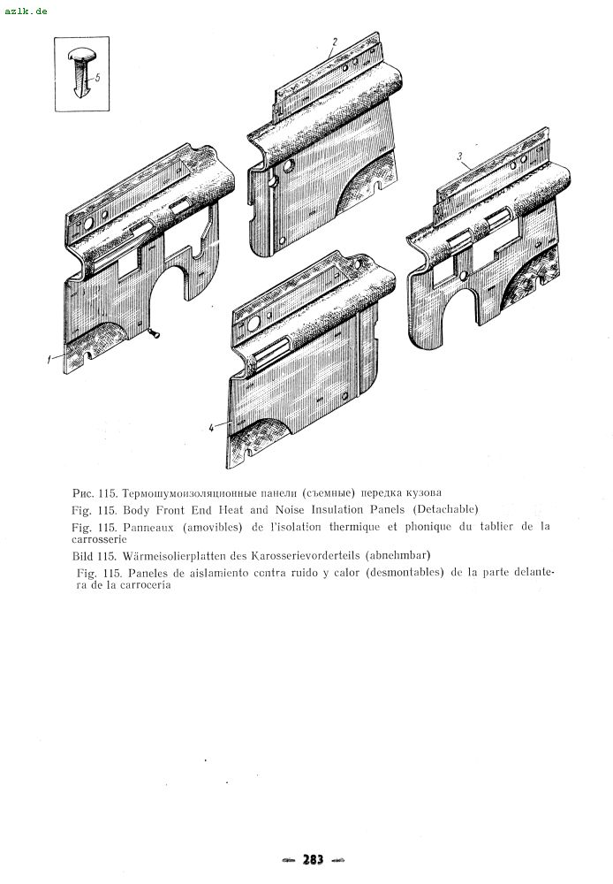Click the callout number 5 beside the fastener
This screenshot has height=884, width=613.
(x=97, y=77)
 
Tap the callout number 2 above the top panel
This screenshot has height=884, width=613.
(x=335, y=42)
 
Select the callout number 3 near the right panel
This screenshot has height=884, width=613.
(x=459, y=156)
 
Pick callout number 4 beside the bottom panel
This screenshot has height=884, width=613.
(x=211, y=428)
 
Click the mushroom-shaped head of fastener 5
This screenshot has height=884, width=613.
(x=82, y=55)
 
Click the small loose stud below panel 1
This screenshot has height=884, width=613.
(x=154, y=334)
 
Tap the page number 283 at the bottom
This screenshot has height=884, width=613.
(x=314, y=859)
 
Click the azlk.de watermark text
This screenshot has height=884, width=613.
(x=26, y=11)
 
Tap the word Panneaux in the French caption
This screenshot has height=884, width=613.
(x=148, y=527)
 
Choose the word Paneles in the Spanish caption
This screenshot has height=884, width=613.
(x=148, y=573)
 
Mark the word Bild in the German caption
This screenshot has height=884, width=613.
(x=82, y=555)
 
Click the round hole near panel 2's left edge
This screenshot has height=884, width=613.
(x=289, y=166)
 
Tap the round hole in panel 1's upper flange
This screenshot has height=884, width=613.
(x=88, y=224)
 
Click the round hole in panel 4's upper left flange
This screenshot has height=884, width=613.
(x=254, y=324)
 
